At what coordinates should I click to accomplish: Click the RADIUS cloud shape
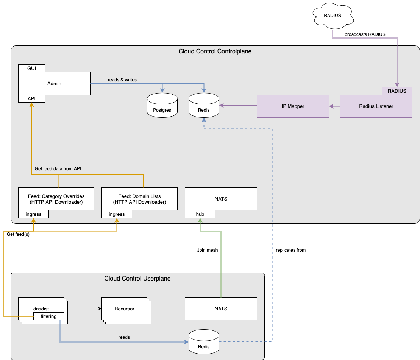pos(333,16)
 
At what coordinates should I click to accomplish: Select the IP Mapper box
pos(293,106)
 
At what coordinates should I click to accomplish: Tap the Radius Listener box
pos(376,106)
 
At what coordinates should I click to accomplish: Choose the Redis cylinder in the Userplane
pos(204,342)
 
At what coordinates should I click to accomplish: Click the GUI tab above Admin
pos(31,68)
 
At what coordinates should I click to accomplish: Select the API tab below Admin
pos(31,98)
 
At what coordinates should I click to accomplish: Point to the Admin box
pos(54,83)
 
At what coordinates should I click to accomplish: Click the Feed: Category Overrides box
pos(56,199)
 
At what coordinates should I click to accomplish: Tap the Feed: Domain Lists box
pos(139,199)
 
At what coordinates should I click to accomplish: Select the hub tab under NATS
pos(200,214)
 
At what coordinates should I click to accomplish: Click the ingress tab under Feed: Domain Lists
pos(117,214)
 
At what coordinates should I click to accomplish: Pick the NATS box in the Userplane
pos(221,309)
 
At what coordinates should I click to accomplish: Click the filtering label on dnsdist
pos(48,316)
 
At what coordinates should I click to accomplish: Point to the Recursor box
pos(124,309)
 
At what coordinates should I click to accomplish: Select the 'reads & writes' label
pos(122,80)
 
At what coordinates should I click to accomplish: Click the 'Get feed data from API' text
pos(58,168)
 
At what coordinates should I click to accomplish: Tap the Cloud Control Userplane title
pos(137,279)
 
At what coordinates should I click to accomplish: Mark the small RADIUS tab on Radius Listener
pos(397,91)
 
